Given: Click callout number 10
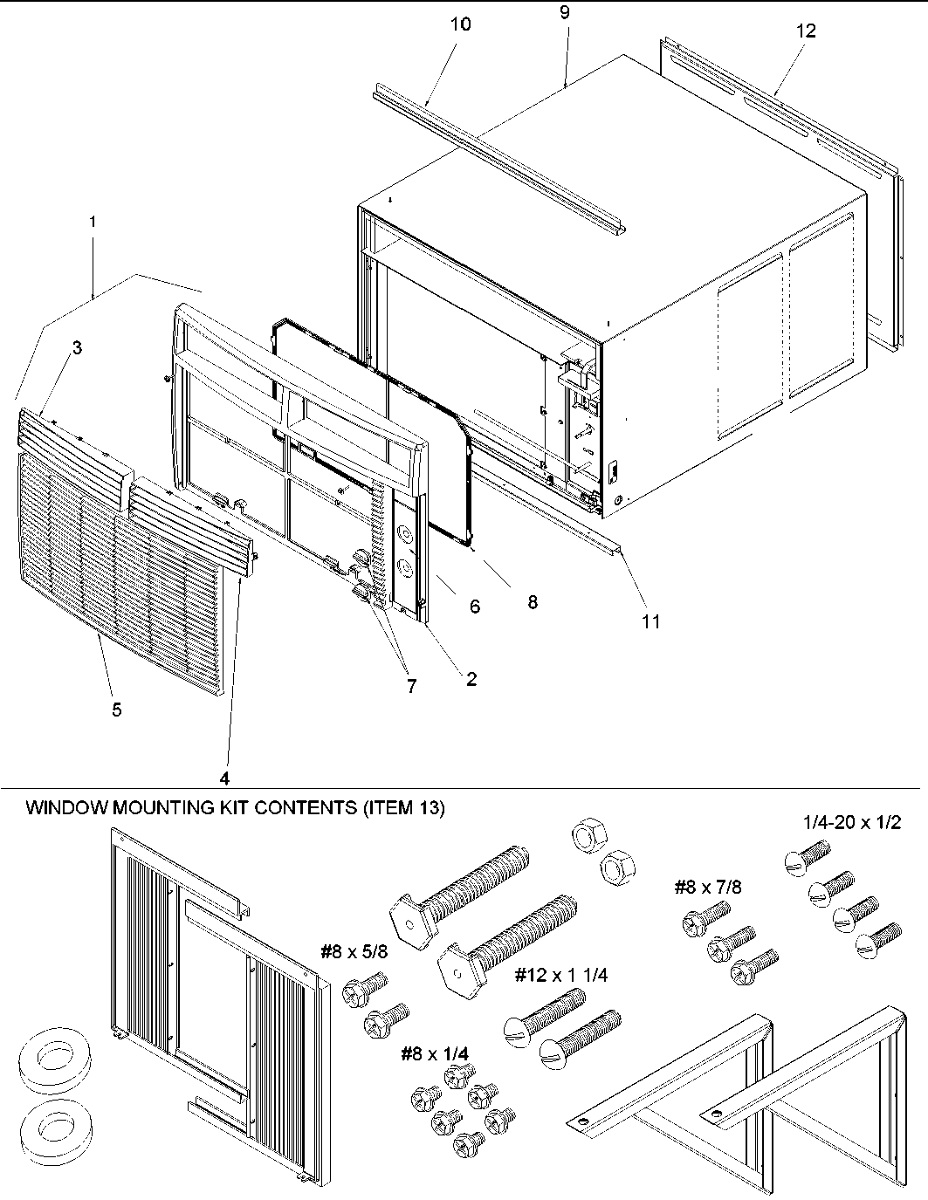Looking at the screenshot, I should click(x=460, y=24).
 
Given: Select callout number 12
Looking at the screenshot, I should click(x=805, y=31).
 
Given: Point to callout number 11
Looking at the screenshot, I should click(x=650, y=621).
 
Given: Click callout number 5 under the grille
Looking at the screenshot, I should click(x=116, y=710).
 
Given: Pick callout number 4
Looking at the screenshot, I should click(x=224, y=777).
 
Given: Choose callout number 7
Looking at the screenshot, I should click(x=411, y=686).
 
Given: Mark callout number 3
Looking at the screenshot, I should click(x=77, y=348).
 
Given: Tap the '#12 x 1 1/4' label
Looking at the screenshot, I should click(x=560, y=975).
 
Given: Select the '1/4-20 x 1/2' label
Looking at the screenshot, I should click(x=851, y=822).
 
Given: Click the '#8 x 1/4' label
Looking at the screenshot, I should click(x=434, y=1054).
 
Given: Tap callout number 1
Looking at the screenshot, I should click(x=93, y=223).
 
